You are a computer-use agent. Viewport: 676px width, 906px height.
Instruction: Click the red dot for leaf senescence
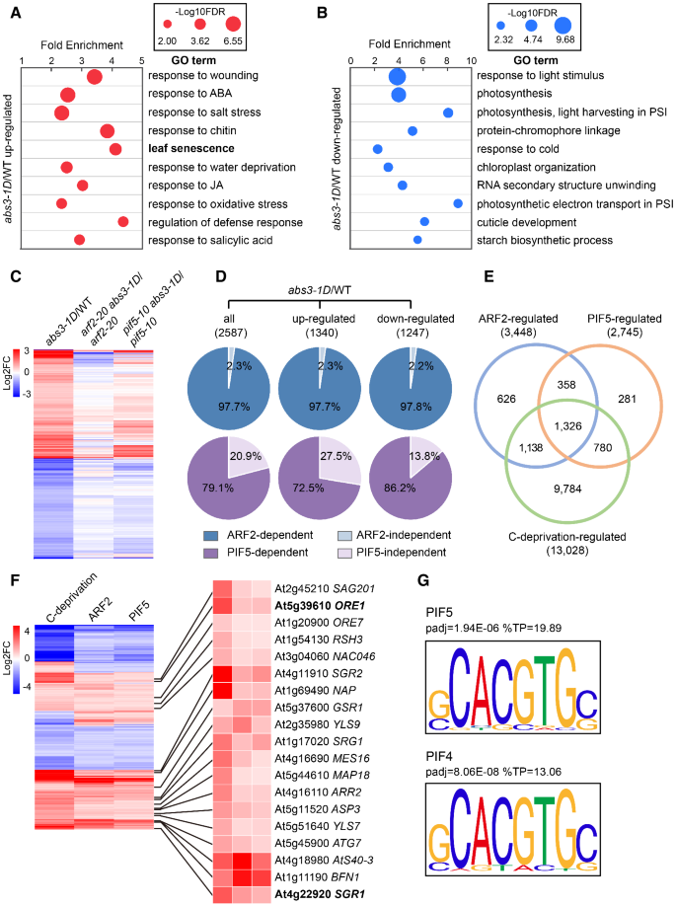click(x=115, y=149)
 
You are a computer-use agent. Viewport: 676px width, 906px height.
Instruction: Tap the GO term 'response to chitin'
click(x=191, y=130)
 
